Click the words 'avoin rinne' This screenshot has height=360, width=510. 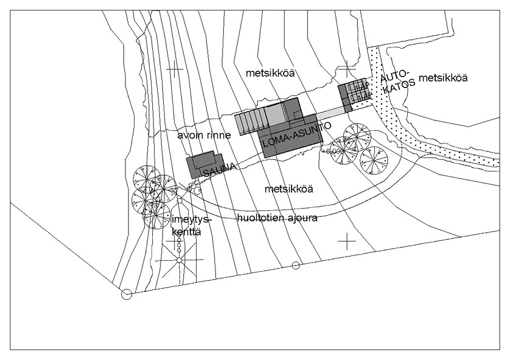(204, 135)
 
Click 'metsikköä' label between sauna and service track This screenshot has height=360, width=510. (289, 189)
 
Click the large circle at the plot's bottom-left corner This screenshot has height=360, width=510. (127, 295)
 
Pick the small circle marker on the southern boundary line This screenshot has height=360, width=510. (296, 265)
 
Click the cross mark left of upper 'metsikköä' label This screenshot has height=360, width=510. (175, 70)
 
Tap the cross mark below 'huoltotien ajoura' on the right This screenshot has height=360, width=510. (347, 241)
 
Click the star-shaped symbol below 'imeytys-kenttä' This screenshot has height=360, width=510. (179, 260)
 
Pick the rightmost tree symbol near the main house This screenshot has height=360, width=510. (374, 159)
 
